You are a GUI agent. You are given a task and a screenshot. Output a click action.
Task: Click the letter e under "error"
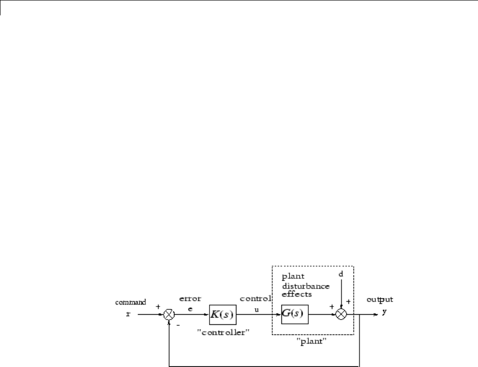pos(190,309)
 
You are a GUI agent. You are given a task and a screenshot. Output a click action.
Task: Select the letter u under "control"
pos(256,309)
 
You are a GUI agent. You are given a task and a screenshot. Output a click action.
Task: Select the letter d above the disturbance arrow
pos(341,273)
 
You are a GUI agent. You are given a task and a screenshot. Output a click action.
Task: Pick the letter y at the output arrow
pos(384,312)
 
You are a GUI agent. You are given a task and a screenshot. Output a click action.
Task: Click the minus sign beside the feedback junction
pos(177,325)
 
